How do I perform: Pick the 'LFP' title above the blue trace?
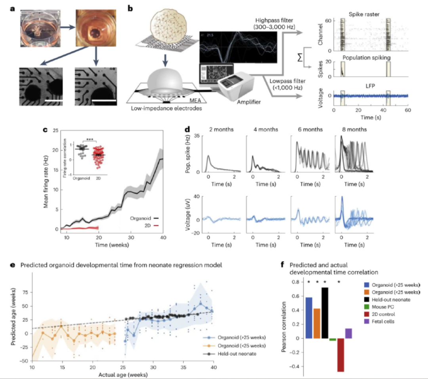362,86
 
